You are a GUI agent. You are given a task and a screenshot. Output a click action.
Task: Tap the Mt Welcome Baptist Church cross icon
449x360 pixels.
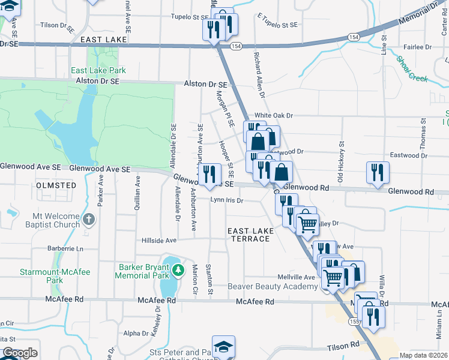coord(89,219)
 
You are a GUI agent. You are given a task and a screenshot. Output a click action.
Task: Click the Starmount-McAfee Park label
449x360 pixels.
coord(55,276)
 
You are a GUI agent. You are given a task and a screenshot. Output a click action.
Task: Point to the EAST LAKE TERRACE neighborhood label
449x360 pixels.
coord(250,235)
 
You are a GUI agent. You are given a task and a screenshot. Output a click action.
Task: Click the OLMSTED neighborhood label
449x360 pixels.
coord(56,185)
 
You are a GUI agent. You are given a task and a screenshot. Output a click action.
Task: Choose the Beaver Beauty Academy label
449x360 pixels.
coord(273,287)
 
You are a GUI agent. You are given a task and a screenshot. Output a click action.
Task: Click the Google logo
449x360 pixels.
coord(20,353)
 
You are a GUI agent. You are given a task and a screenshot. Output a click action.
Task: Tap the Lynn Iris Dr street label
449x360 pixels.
coord(226,200)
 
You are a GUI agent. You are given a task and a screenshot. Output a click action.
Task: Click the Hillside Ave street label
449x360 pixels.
coord(159,240)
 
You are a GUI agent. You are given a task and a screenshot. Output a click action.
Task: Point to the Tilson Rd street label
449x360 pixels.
coord(343,346)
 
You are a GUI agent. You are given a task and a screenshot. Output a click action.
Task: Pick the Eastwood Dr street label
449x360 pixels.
coord(408,155)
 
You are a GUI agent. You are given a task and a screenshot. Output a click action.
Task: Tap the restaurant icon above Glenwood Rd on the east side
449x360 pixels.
coord(378,172)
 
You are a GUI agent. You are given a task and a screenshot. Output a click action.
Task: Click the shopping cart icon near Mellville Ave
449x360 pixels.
coord(333,277)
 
